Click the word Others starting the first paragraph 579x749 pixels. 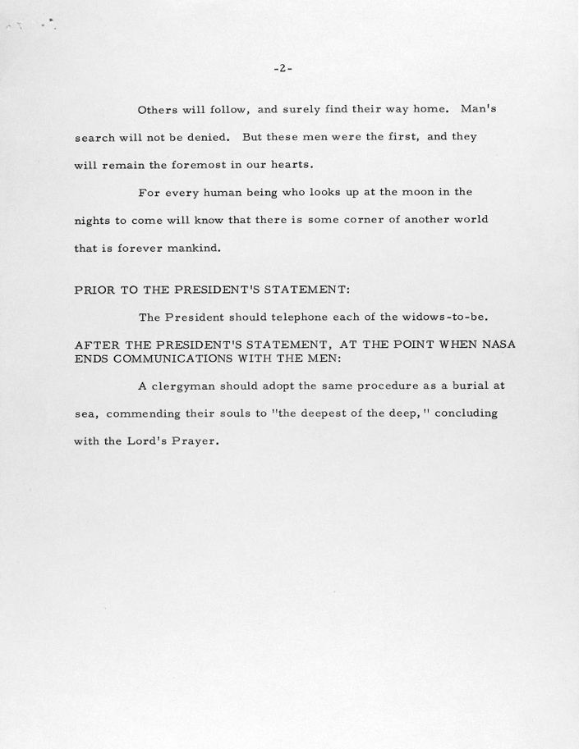click(157, 109)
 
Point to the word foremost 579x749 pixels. click(200, 164)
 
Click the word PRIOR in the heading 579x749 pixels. click(95, 290)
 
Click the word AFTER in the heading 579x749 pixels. click(97, 345)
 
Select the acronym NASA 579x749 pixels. click(495, 345)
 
